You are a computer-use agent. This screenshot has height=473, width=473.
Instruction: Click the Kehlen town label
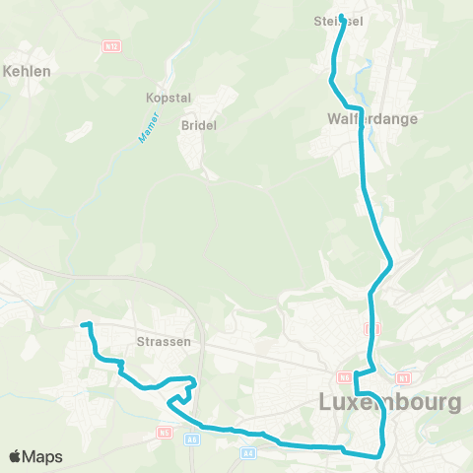(x=28, y=71)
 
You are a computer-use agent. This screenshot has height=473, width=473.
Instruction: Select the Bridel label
(x=198, y=125)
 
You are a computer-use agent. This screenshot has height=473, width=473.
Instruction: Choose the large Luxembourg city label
(x=390, y=402)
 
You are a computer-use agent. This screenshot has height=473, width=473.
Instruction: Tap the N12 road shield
(x=110, y=45)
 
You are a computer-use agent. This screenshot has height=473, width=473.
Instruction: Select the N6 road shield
(x=344, y=376)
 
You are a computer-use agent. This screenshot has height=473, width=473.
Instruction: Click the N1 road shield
(x=402, y=377)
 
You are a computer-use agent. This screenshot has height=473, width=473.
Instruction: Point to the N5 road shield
(x=164, y=432)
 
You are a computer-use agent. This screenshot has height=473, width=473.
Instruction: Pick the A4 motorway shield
(x=249, y=452)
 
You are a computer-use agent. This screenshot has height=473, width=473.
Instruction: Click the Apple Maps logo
(x=35, y=456)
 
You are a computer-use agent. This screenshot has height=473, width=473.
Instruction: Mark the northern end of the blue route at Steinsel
(x=342, y=16)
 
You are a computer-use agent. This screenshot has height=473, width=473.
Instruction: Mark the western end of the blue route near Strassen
(x=83, y=324)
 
